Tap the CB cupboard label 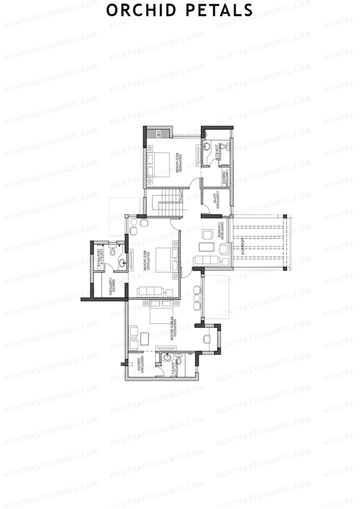tap(158, 133)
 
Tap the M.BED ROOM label tap(172, 328)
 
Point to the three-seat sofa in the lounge tap(206, 259)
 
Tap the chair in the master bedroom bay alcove tap(206, 339)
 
